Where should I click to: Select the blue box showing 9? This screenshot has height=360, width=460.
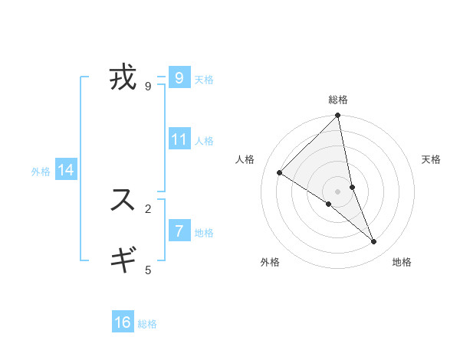[x=179, y=78]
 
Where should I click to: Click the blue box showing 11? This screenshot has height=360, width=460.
[x=179, y=139]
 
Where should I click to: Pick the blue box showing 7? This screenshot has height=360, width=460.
[x=179, y=231]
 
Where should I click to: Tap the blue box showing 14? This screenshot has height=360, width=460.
[x=66, y=170]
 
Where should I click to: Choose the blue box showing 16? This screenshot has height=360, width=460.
[x=123, y=322]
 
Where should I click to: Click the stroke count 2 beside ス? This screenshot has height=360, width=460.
[x=148, y=208]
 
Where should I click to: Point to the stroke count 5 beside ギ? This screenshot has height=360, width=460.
[x=148, y=270]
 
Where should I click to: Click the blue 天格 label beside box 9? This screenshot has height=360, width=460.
[x=204, y=80]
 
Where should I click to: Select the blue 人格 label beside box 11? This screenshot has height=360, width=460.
[x=204, y=141]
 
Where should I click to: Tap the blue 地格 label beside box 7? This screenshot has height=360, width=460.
[x=204, y=232]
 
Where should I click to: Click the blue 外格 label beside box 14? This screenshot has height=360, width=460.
[x=41, y=172]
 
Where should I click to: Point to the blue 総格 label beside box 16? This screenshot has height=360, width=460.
[x=147, y=324]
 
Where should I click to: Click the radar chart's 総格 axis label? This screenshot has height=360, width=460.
[x=338, y=100]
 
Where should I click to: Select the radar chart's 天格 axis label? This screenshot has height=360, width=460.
[x=431, y=159]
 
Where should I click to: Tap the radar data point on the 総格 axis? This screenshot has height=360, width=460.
[x=338, y=116]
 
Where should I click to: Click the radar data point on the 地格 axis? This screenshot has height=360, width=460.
[x=374, y=242]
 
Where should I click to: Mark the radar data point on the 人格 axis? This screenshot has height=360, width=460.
[x=280, y=173]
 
